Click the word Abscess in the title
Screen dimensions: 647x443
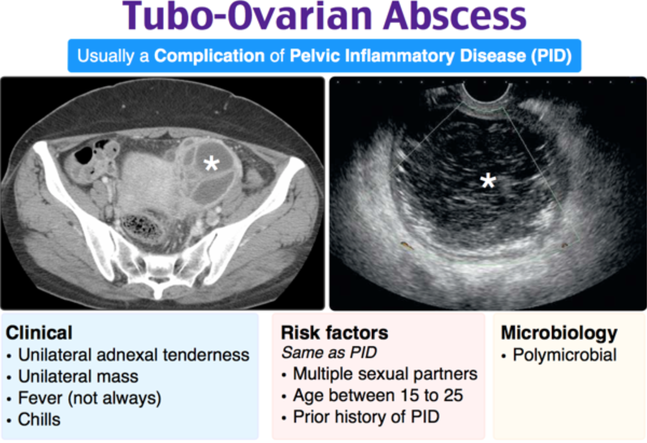pos(455,16)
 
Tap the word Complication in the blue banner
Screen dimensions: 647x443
pos(209,55)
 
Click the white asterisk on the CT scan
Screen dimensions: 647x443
pos(211,163)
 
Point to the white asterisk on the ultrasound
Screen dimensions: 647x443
pos(488,181)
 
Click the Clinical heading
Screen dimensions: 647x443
pos(39,333)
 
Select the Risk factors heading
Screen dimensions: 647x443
pos(334,333)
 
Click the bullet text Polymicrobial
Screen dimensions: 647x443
pos(565,355)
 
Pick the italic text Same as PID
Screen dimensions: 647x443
pos(329,352)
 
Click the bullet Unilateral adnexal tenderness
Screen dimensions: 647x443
pos(133,355)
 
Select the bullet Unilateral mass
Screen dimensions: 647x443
pos(78,376)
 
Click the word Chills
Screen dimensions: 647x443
pos(39,419)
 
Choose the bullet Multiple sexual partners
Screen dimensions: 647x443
pos(385,374)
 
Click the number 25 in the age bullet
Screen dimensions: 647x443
pos(453,396)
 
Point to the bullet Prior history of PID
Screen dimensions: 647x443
pos(366,417)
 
